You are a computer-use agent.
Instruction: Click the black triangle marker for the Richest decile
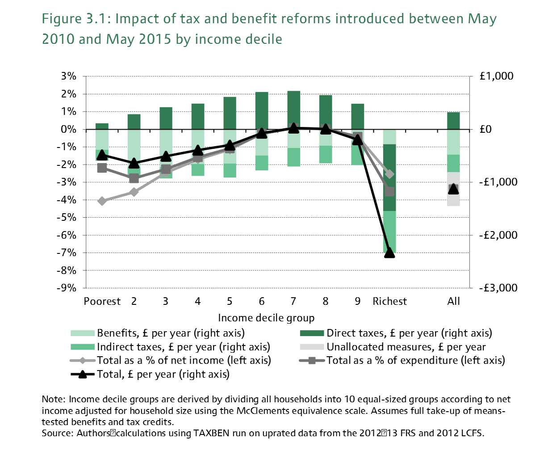[389, 253]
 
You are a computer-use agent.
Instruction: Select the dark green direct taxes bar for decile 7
[293, 110]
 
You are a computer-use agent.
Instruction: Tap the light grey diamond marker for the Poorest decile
[102, 201]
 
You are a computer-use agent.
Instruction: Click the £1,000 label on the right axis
[496, 76]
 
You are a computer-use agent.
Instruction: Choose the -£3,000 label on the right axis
[496, 288]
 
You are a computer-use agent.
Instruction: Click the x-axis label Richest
[389, 301]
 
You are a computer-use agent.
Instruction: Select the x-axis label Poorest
[102, 301]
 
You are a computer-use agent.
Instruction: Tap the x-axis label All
[453, 301]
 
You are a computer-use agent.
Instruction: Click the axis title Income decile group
[266, 318]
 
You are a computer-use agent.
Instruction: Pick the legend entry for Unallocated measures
[406, 347]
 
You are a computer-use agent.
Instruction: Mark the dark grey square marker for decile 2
[134, 178]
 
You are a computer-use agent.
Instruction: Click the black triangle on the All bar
[453, 189]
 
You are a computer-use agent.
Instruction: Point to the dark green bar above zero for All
[453, 121]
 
